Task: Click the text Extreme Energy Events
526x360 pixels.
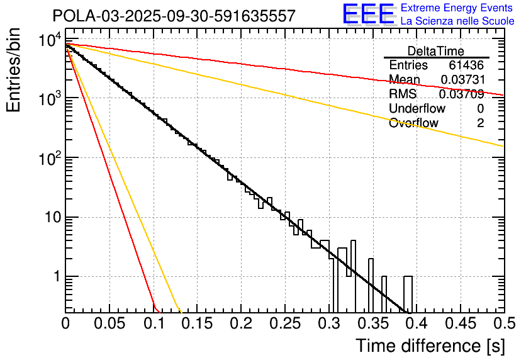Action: (457, 8)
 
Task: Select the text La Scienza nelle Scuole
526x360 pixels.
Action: (457, 21)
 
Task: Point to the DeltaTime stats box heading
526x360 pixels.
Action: (436, 51)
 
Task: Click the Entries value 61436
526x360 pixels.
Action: (466, 65)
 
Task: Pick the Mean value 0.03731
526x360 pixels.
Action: (462, 80)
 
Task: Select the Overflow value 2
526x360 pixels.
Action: (480, 123)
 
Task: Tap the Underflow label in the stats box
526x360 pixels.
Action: (417, 109)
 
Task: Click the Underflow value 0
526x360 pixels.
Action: (480, 109)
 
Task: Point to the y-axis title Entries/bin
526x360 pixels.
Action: (15, 71)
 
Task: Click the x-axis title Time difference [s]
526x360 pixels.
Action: (429, 346)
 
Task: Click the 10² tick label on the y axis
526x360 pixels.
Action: (48, 157)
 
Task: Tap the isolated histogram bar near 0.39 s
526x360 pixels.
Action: (408, 294)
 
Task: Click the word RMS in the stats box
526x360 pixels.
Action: (403, 94)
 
